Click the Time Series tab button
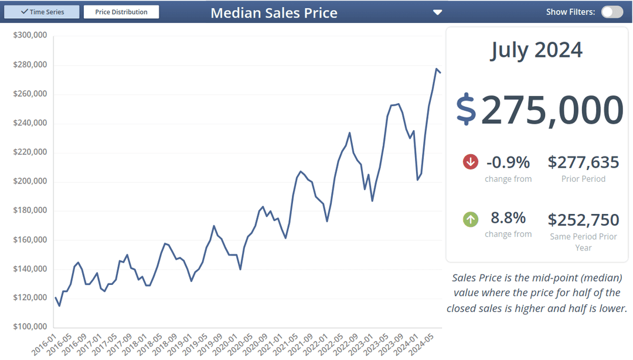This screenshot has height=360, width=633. click(42, 12)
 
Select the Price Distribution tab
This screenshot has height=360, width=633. click(121, 12)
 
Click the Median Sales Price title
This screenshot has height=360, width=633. click(274, 13)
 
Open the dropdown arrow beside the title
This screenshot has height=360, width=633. click(437, 12)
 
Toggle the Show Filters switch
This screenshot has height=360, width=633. click(612, 12)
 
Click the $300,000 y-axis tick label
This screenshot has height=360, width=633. click(30, 35)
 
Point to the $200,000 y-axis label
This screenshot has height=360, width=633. click(30, 181)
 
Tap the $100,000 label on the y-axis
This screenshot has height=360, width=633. click(30, 327)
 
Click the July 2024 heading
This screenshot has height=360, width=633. click(536, 50)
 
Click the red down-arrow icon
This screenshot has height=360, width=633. click(471, 162)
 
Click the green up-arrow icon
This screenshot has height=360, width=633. click(471, 219)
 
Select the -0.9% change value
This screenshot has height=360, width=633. click(508, 162)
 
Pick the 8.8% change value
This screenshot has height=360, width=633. click(508, 218)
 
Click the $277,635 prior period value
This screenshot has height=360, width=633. click(583, 162)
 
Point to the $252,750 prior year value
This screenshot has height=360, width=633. click(583, 220)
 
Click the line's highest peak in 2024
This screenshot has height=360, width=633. click(437, 69)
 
